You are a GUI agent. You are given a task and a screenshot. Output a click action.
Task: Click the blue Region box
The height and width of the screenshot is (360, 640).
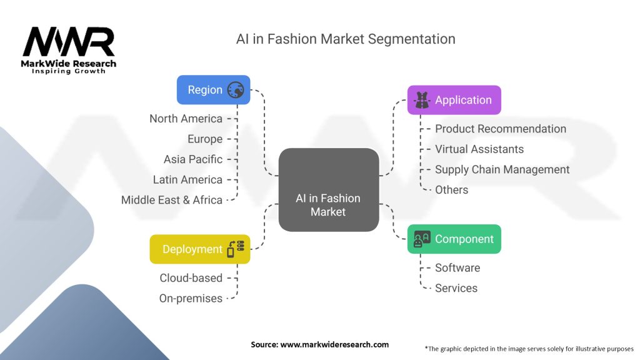pyautogui.click(x=214, y=90)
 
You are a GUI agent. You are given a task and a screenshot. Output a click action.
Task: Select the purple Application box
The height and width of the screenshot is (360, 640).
pyautogui.click(x=454, y=100)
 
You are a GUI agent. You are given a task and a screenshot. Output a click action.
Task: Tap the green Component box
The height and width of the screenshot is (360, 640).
pyautogui.click(x=454, y=239)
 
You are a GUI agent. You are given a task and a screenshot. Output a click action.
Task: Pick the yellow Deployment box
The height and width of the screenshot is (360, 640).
pyautogui.click(x=200, y=249)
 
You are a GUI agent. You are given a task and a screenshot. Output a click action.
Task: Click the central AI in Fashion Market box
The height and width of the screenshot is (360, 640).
pyautogui.click(x=329, y=190)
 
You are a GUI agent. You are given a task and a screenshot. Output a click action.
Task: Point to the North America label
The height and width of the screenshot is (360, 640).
pyautogui.click(x=186, y=119)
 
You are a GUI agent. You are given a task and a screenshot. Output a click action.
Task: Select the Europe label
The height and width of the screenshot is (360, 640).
pyautogui.click(x=205, y=139)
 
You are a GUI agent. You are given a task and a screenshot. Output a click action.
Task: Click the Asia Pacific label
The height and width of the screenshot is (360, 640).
pyautogui.click(x=193, y=159)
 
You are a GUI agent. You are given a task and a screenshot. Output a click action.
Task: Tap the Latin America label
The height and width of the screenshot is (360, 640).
pyautogui.click(x=187, y=179)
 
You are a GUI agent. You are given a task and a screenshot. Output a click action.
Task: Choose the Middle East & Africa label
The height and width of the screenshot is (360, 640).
pyautogui.click(x=172, y=200)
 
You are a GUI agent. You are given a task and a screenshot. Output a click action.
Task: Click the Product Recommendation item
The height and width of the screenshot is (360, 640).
pyautogui.click(x=501, y=129)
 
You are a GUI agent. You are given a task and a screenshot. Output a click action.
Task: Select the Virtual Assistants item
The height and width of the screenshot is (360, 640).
pyautogui.click(x=479, y=149)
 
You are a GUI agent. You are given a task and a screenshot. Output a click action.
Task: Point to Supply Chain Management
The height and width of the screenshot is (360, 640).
pyautogui.click(x=502, y=170)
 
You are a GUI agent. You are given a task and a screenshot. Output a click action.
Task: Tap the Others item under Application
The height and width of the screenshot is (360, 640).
pyautogui.click(x=451, y=190)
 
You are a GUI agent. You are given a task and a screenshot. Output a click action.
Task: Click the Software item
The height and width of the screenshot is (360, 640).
pyautogui.click(x=457, y=267)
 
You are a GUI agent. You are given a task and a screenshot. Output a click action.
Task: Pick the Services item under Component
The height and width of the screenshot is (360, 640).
pyautogui.click(x=456, y=288)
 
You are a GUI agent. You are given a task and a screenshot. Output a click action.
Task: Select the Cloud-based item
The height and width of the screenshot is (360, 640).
pyautogui.click(x=191, y=278)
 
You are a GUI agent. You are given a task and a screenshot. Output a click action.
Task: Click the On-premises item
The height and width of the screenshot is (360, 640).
pyautogui.click(x=191, y=298)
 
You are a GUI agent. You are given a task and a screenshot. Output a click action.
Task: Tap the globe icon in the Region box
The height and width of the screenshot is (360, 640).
pyautogui.click(x=236, y=90)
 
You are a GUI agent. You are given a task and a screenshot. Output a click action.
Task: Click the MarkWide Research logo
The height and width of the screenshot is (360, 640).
pyautogui.click(x=69, y=51)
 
